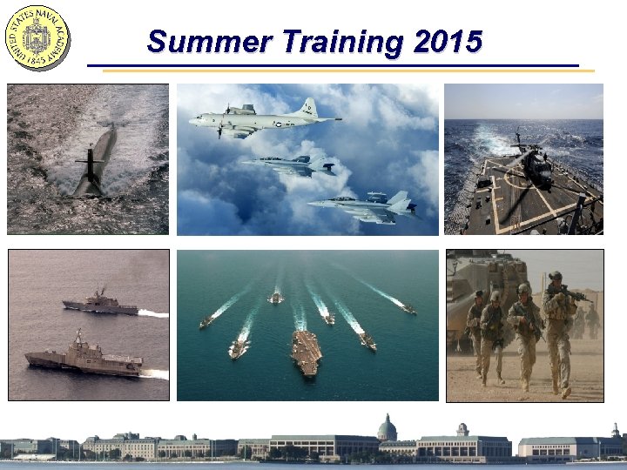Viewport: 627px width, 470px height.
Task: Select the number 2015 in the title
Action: (x=448, y=41)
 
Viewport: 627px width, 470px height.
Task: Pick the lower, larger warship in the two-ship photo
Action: (x=84, y=359)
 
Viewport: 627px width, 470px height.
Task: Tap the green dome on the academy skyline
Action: (x=387, y=427)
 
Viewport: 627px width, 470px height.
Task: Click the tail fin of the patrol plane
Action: (x=307, y=108)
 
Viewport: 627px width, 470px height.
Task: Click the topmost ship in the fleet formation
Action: (x=276, y=298)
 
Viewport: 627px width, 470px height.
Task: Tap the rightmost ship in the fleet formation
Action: (x=408, y=309)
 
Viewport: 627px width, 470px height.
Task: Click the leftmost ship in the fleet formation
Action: (x=206, y=322)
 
